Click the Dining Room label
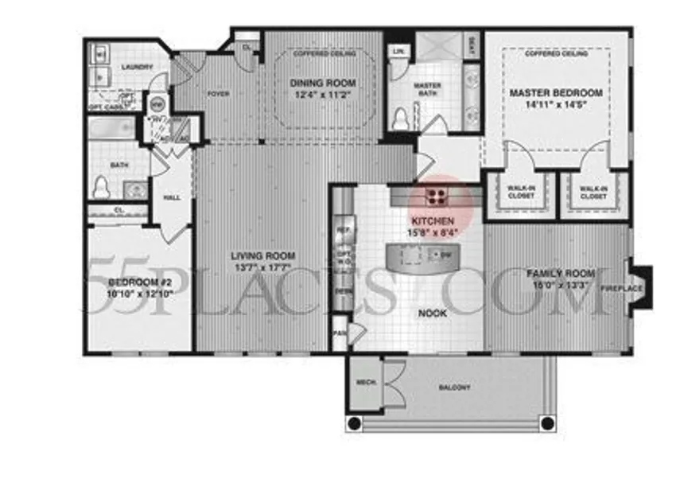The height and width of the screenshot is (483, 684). pyautogui.click(x=322, y=83)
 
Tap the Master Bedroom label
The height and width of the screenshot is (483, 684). pyautogui.click(x=556, y=93)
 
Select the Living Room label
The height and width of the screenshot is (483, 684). pyautogui.click(x=263, y=256)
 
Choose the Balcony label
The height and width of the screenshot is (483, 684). pyautogui.click(x=454, y=388)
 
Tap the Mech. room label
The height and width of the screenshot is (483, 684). pyautogui.click(x=365, y=384)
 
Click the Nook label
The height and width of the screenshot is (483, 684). pyautogui.click(x=433, y=314)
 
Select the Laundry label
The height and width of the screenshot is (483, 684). pyautogui.click(x=137, y=67)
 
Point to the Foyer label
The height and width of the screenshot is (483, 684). pyautogui.click(x=219, y=94)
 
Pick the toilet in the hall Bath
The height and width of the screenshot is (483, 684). pyautogui.click(x=101, y=188)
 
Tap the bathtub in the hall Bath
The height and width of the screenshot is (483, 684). pyautogui.click(x=112, y=128)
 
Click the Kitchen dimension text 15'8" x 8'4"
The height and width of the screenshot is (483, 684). pyautogui.click(x=433, y=232)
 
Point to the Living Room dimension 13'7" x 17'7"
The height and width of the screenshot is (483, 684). pyautogui.click(x=263, y=267)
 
